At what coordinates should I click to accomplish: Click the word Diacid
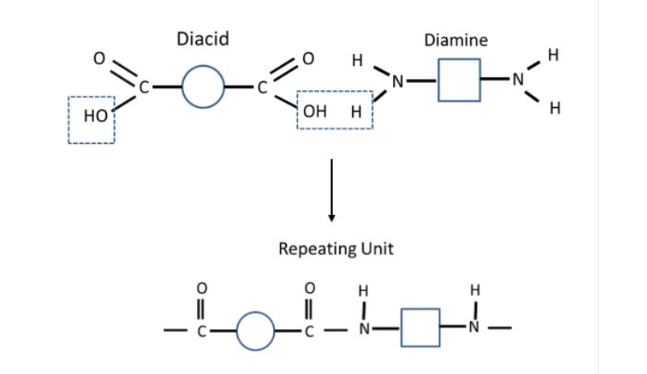(206, 39)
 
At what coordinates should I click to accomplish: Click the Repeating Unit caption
(336, 249)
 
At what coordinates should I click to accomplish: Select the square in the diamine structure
(459, 80)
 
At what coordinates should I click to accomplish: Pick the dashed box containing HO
(92, 120)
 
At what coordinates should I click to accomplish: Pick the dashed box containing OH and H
(335, 109)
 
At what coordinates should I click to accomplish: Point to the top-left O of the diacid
(100, 58)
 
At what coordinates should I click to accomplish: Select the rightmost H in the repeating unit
(474, 290)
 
